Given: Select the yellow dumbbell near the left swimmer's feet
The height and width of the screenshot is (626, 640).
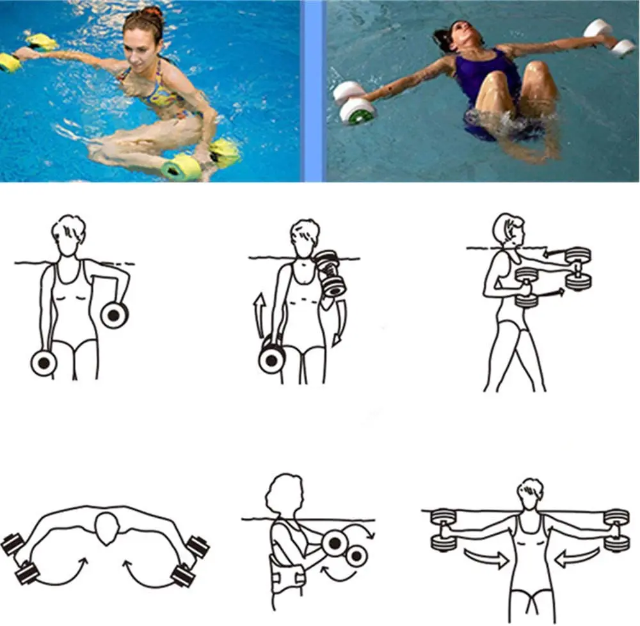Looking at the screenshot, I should coord(181,169).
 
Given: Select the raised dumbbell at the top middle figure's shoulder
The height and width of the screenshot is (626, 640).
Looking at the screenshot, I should coord(330,272).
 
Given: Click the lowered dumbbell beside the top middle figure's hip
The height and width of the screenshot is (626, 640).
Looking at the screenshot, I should coord(272,359).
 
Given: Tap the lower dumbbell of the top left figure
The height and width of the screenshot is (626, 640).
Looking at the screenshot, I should coord(44,363).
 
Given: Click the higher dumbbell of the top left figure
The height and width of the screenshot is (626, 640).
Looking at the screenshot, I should coord(115,314).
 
